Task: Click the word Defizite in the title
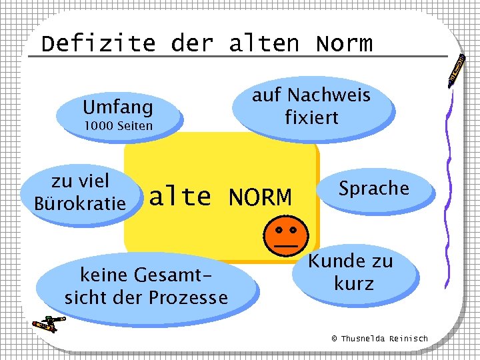(98, 44)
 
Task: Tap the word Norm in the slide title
(344, 44)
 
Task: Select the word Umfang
(117, 107)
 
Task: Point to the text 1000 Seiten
(117, 126)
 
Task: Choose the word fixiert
(311, 117)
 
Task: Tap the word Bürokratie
(80, 203)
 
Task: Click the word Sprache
(373, 188)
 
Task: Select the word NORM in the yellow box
(260, 197)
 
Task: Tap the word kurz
(353, 283)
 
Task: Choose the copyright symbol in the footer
(335, 339)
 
